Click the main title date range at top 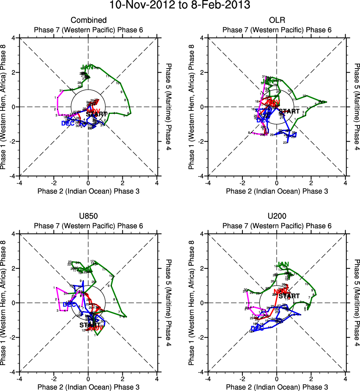click(x=180, y=5)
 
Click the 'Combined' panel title click(x=89, y=20)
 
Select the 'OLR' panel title click(x=277, y=20)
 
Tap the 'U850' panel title click(x=89, y=216)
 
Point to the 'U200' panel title click(x=277, y=216)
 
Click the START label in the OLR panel click(x=289, y=111)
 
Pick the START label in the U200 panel click(x=289, y=296)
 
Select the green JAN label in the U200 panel click(x=283, y=264)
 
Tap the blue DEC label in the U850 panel click(x=69, y=304)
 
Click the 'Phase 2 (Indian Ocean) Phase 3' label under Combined click(x=89, y=191)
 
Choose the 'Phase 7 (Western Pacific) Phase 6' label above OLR click(x=277, y=30)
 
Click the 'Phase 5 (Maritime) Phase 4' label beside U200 click(x=356, y=303)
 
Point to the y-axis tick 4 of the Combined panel click(x=13, y=38)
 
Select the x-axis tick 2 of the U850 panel click(x=123, y=379)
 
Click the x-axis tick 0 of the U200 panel click(x=277, y=379)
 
